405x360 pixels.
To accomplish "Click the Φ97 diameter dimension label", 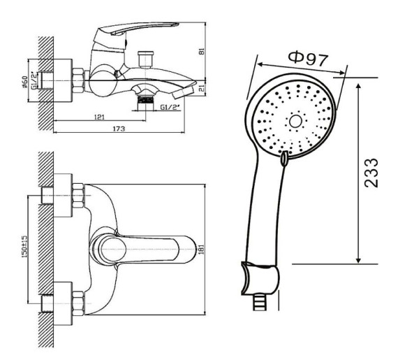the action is point(308,59).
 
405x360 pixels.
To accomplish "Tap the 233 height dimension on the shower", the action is point(371,173).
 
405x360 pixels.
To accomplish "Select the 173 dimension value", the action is point(119,129).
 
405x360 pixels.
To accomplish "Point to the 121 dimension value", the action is point(99,117).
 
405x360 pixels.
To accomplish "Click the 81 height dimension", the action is point(202,51).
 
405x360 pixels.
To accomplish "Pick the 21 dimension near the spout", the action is point(202,89).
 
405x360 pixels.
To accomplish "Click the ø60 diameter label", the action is point(25,82).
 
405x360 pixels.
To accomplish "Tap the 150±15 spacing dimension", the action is point(24,246).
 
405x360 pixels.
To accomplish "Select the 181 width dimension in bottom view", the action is point(202,250).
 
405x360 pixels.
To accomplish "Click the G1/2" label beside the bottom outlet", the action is point(170,107).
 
